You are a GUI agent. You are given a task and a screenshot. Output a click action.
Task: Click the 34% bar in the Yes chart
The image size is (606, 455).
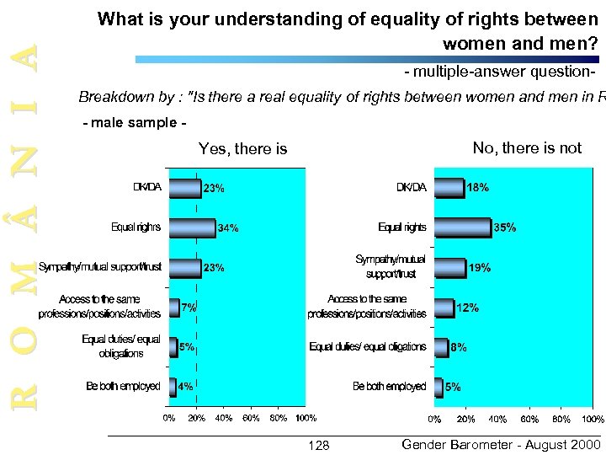[x=192, y=227]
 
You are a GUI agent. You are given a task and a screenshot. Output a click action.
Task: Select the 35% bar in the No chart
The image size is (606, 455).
[x=462, y=227]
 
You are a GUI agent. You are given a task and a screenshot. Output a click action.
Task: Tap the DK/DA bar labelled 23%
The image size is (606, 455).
[x=184, y=187]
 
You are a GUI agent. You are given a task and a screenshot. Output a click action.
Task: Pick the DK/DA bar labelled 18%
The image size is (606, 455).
[x=449, y=187]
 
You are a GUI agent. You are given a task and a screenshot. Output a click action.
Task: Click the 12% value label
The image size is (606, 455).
[x=468, y=308]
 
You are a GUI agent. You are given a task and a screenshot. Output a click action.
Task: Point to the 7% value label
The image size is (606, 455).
[x=189, y=308]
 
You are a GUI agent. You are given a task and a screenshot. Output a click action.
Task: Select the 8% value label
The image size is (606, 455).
[x=459, y=347]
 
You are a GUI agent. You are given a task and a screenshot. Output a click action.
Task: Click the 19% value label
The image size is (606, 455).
[x=480, y=268]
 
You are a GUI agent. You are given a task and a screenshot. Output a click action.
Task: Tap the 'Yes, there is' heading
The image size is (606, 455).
[x=242, y=149]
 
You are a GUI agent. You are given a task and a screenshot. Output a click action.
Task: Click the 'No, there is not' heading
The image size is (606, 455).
[x=527, y=148]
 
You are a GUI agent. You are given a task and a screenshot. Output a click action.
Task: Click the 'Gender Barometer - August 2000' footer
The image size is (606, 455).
[x=502, y=444]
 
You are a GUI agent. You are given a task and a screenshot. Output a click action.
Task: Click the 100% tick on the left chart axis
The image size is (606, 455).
[x=306, y=418]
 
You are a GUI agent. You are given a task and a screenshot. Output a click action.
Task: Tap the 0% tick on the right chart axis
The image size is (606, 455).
[x=434, y=419]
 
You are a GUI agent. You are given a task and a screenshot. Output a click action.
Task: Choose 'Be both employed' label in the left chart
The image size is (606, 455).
[x=123, y=387]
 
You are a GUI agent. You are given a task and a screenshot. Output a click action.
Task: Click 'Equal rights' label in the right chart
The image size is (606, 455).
[x=402, y=227]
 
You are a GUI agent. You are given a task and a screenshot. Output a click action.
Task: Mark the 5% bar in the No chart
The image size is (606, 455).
[x=438, y=387]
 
